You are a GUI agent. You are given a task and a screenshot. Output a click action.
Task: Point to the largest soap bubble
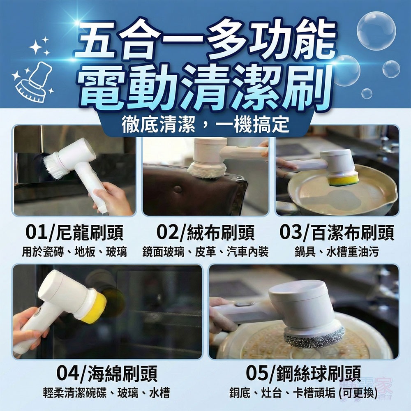376,31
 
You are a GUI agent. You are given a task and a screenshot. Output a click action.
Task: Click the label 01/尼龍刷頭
74,233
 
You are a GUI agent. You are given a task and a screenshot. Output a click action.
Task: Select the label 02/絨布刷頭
205,233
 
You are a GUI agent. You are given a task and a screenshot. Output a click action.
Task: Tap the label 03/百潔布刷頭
337,233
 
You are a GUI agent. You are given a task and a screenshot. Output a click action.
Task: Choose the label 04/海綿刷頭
106,374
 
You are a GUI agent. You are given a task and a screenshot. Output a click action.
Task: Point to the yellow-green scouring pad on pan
343,180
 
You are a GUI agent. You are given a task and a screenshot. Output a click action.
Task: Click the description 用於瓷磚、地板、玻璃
74,252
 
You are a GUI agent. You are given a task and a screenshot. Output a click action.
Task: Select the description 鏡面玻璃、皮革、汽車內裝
205,252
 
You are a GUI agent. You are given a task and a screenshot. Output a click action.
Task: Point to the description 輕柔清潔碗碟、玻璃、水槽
106,393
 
